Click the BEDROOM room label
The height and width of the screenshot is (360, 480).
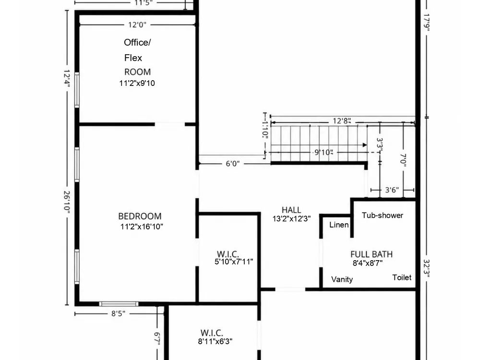click(140, 216)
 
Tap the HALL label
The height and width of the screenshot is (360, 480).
click(291, 210)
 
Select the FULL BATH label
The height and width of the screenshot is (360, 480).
click(372, 254)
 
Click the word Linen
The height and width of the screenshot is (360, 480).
click(339, 225)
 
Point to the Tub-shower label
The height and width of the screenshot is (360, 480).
click(383, 215)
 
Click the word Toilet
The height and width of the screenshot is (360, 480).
click(402, 277)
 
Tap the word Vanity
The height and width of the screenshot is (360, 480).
click(342, 279)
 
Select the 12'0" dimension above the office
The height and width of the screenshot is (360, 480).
click(137, 24)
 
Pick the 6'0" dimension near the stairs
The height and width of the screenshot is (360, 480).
click(233, 164)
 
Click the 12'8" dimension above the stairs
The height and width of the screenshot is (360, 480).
click(342, 120)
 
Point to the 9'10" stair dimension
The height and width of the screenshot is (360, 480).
click(324, 152)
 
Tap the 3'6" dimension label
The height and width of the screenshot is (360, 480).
click(392, 190)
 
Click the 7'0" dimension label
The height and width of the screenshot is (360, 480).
click(403, 160)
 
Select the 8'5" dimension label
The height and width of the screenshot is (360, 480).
click(118, 313)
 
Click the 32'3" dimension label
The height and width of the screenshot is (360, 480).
click(427, 268)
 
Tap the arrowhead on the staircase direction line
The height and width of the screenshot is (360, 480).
click(365, 145)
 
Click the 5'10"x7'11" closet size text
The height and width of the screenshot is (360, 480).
click(234, 262)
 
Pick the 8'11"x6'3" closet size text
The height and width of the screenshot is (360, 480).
click(215, 341)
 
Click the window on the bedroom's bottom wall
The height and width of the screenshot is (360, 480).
click(119, 304)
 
